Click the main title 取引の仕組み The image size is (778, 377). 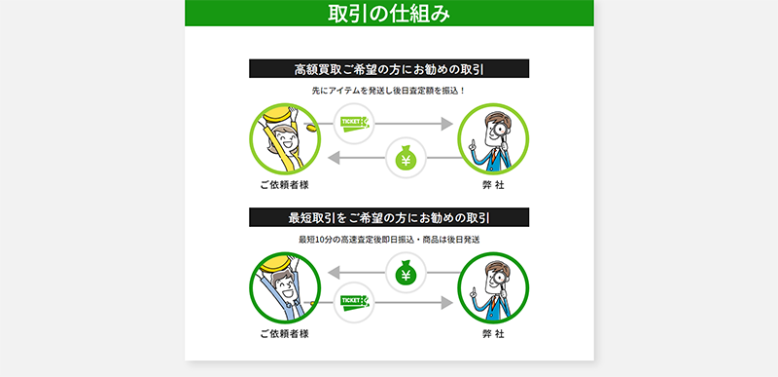(x=389, y=14)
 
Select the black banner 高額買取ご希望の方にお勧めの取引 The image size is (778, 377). (x=389, y=69)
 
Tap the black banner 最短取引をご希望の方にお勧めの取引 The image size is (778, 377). (x=389, y=217)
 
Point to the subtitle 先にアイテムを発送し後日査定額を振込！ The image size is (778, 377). (x=389, y=91)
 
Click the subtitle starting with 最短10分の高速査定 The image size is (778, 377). (x=389, y=240)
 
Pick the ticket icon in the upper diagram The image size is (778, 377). (x=355, y=123)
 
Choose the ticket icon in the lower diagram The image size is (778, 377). (x=355, y=303)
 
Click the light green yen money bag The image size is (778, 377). (x=406, y=158)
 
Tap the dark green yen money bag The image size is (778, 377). (x=406, y=273)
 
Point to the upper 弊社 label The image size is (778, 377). (x=493, y=185)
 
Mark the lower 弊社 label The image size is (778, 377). (x=493, y=334)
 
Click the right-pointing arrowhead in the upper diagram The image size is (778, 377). (x=447, y=124)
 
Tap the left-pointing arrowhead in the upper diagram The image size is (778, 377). (x=334, y=158)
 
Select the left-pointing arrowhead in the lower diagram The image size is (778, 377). (x=334, y=272)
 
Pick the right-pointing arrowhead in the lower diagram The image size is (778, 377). (x=447, y=303)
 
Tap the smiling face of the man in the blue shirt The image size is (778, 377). (x=284, y=288)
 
